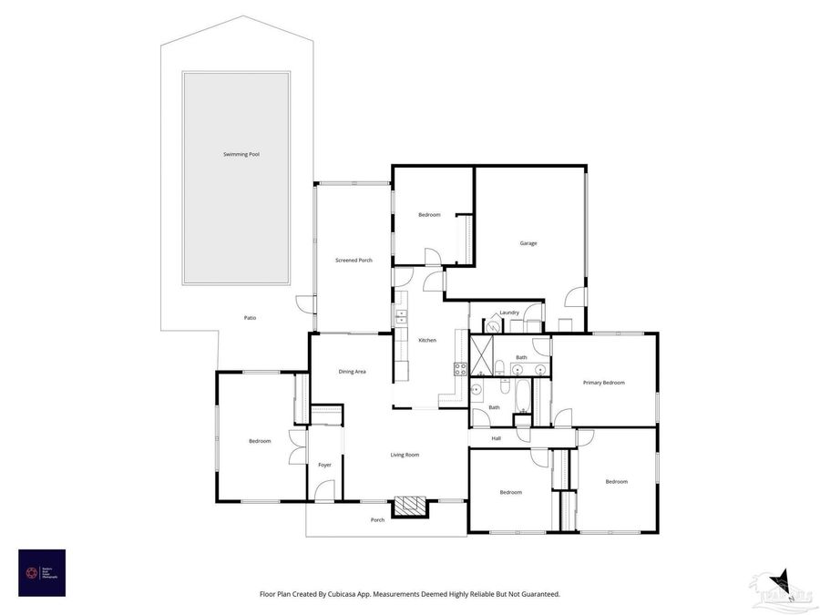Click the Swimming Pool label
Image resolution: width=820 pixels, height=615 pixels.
click(241, 155)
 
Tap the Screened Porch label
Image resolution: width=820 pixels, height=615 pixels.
click(354, 261)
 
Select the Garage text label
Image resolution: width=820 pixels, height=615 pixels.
click(528, 243)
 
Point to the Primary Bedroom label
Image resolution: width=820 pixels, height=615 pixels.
click(604, 383)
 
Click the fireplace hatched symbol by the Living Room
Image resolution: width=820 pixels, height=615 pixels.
click(409, 507)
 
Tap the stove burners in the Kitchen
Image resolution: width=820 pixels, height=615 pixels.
click(461, 369)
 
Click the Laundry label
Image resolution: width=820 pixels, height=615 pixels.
click(509, 313)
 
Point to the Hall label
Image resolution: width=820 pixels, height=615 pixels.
click(497, 438)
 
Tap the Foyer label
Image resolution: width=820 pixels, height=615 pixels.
click(324, 465)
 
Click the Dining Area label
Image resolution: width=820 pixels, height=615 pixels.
click(353, 372)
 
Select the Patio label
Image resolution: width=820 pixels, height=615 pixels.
click(250, 318)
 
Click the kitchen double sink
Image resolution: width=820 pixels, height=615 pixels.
click(400, 316)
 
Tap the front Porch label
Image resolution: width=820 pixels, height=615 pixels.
click(377, 520)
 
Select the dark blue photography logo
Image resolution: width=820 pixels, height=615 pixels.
click(42, 572)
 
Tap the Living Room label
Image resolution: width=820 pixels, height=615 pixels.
click(405, 455)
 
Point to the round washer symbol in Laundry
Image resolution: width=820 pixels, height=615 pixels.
click(493, 323)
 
